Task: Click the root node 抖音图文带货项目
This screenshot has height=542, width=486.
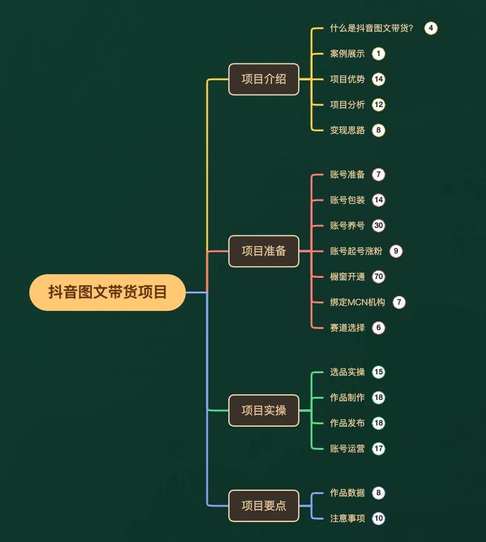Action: coord(107,292)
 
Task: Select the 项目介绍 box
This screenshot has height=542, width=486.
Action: coord(264,79)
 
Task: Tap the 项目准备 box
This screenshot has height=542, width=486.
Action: coord(264,251)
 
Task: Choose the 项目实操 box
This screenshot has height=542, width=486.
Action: coord(264,411)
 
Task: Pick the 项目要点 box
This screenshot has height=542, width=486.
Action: coord(264,506)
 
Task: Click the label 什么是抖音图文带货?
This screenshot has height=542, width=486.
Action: coord(372,28)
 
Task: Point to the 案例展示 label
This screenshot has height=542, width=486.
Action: coord(347,54)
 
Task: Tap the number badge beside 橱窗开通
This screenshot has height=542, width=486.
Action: coord(379,277)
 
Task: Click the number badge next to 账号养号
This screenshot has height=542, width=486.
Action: coord(379,226)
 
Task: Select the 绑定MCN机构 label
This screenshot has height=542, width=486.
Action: coord(357,302)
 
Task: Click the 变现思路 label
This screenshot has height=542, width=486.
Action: coord(347,130)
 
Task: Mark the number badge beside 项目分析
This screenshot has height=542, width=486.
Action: coord(379,105)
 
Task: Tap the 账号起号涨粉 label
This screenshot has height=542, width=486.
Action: coord(356,251)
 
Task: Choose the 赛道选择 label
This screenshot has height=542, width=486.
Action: coord(347,328)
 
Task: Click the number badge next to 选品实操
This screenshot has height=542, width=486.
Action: coord(379,372)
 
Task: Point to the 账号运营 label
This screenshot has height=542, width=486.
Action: coord(347,449)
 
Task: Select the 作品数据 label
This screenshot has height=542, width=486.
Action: coord(347,493)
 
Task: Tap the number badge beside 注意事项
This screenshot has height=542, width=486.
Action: coord(379,518)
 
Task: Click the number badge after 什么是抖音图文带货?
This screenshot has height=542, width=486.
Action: coord(431,28)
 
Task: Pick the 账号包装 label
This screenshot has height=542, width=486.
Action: coord(347,200)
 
